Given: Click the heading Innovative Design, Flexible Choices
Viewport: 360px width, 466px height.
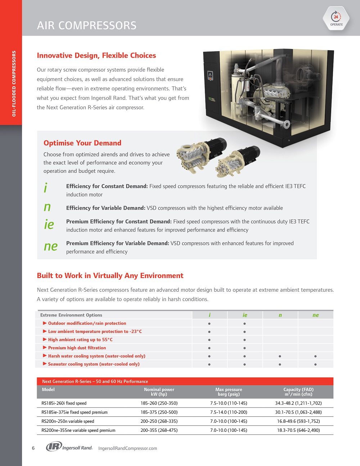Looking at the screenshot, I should (96, 55).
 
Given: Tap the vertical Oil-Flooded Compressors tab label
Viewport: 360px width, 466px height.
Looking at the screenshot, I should (14, 84).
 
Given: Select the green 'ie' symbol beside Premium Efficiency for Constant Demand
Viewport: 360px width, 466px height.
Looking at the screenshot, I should (49, 225).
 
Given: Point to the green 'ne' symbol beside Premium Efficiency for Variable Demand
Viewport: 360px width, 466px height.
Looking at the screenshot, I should (50, 247).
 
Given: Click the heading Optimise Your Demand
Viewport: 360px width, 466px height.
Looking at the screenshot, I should (82, 143).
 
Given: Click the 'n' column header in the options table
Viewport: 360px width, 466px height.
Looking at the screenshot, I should (280, 315).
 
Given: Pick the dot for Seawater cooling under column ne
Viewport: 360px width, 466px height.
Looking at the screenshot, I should (315, 364).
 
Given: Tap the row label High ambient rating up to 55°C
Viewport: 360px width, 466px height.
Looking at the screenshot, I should (80, 340).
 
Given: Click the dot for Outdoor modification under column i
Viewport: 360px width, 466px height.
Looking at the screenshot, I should (209, 323).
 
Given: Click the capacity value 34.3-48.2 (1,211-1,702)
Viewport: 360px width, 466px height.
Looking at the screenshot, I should (298, 403).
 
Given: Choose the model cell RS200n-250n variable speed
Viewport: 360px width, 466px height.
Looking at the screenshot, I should (68, 421).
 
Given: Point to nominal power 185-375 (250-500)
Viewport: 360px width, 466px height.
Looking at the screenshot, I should (159, 412).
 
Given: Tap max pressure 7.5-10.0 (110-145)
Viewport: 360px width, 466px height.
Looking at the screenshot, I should (229, 403).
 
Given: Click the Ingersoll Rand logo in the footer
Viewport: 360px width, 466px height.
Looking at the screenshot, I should (69, 447).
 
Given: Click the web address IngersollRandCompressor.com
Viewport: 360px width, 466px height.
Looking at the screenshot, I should (127, 448).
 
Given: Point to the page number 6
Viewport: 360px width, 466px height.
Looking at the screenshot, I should (33, 448).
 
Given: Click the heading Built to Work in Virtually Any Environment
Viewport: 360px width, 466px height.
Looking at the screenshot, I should (110, 276).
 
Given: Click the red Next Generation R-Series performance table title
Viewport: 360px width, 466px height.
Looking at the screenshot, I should (95, 381).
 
